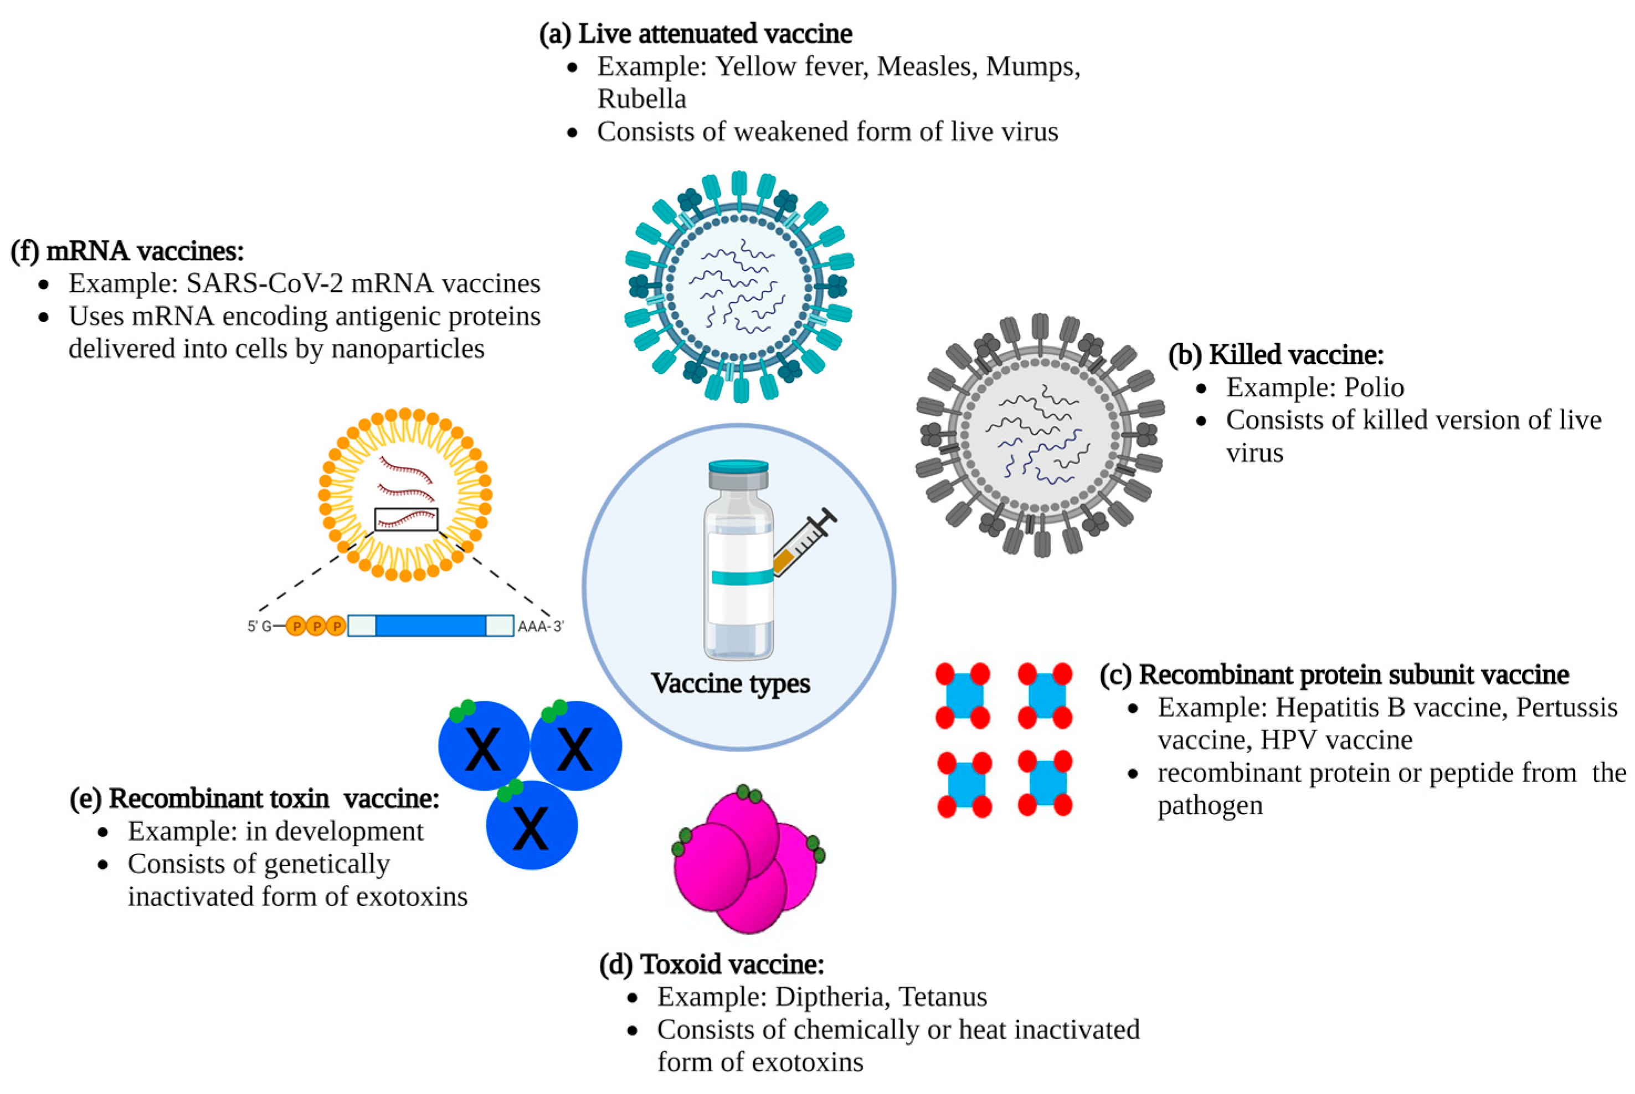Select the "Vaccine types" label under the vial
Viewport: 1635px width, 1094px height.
click(x=730, y=683)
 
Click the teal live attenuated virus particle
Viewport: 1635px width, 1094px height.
click(x=739, y=287)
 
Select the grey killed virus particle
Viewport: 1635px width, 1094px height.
click(x=1040, y=435)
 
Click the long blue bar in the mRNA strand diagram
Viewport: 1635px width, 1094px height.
click(x=431, y=626)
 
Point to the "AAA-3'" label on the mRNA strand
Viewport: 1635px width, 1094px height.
click(x=539, y=626)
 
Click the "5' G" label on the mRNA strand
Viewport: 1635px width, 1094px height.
click(x=260, y=626)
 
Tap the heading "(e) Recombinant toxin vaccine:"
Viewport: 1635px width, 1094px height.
click(x=255, y=798)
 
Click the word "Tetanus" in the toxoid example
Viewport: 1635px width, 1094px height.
click(x=943, y=997)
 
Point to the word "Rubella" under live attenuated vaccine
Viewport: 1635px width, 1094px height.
click(x=641, y=99)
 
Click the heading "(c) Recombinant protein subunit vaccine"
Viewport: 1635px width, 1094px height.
click(x=1334, y=675)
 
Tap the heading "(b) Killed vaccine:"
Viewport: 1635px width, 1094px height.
click(x=1276, y=355)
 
